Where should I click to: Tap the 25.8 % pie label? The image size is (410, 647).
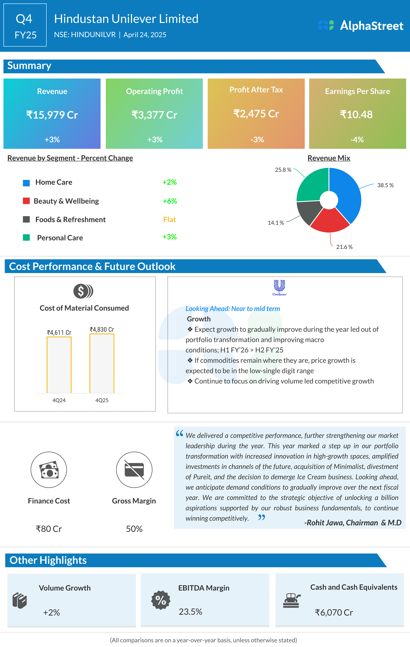pos(283,170)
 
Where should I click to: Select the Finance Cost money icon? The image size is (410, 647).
pos(49,470)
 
